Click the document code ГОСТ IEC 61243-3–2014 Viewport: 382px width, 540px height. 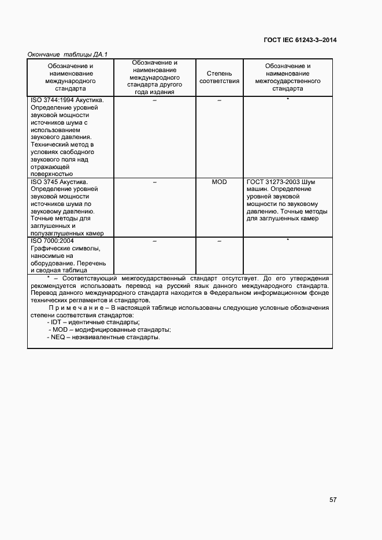pos(300,40)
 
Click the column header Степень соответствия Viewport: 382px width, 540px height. pos(219,77)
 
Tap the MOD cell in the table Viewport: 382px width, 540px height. pos(219,182)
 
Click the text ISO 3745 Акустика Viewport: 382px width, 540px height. pos(58,182)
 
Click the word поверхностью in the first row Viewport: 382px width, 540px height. pos(51,174)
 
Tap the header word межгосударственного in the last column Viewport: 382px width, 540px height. pos(287,81)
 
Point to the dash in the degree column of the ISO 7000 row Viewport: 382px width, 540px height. pos(219,241)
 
